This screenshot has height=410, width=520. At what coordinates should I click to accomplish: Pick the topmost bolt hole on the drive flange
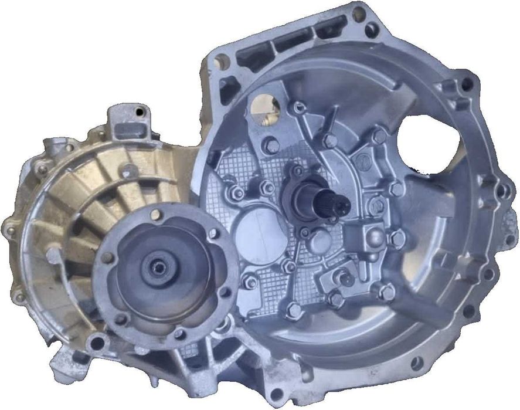pyautogui.click(x=155, y=215)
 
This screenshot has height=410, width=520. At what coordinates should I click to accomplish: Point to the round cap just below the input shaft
pyautogui.click(x=320, y=239)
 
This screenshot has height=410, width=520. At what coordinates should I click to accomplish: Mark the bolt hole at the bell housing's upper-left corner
pyautogui.click(x=222, y=60)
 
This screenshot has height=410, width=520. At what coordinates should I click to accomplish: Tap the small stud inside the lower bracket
pyautogui.click(x=346, y=279)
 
